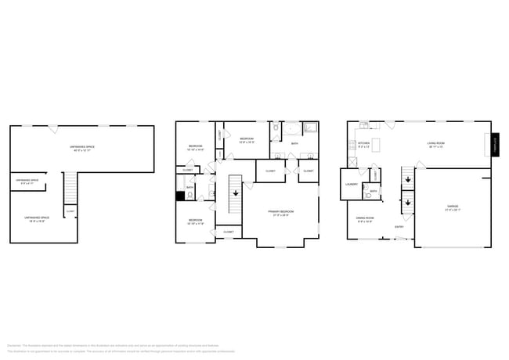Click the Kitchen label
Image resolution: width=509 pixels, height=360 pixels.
coord(363,144)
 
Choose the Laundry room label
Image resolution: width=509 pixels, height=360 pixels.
coord(352,185)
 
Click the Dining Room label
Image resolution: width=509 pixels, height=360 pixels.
coord(366,219)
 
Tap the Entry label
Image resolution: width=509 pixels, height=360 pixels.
coord(399,227)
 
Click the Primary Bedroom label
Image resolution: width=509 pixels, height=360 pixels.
coord(280,213)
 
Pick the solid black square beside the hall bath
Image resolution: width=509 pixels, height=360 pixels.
coord(180,196)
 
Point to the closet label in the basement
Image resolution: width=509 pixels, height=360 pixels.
coord(70,211)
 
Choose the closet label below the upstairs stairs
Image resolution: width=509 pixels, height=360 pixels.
coord(228,232)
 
